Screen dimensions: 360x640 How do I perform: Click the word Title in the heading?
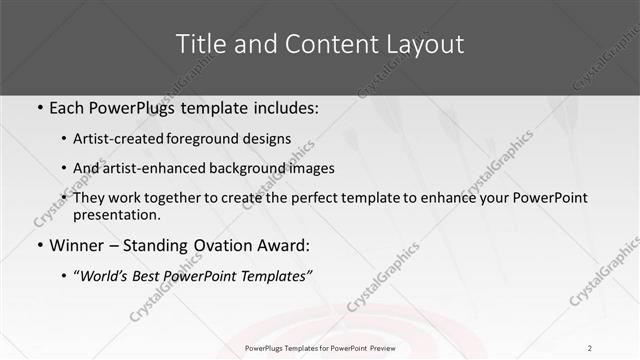(x=201, y=45)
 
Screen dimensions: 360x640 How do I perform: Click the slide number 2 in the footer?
(x=590, y=348)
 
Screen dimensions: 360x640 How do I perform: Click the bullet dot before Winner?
(x=38, y=244)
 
